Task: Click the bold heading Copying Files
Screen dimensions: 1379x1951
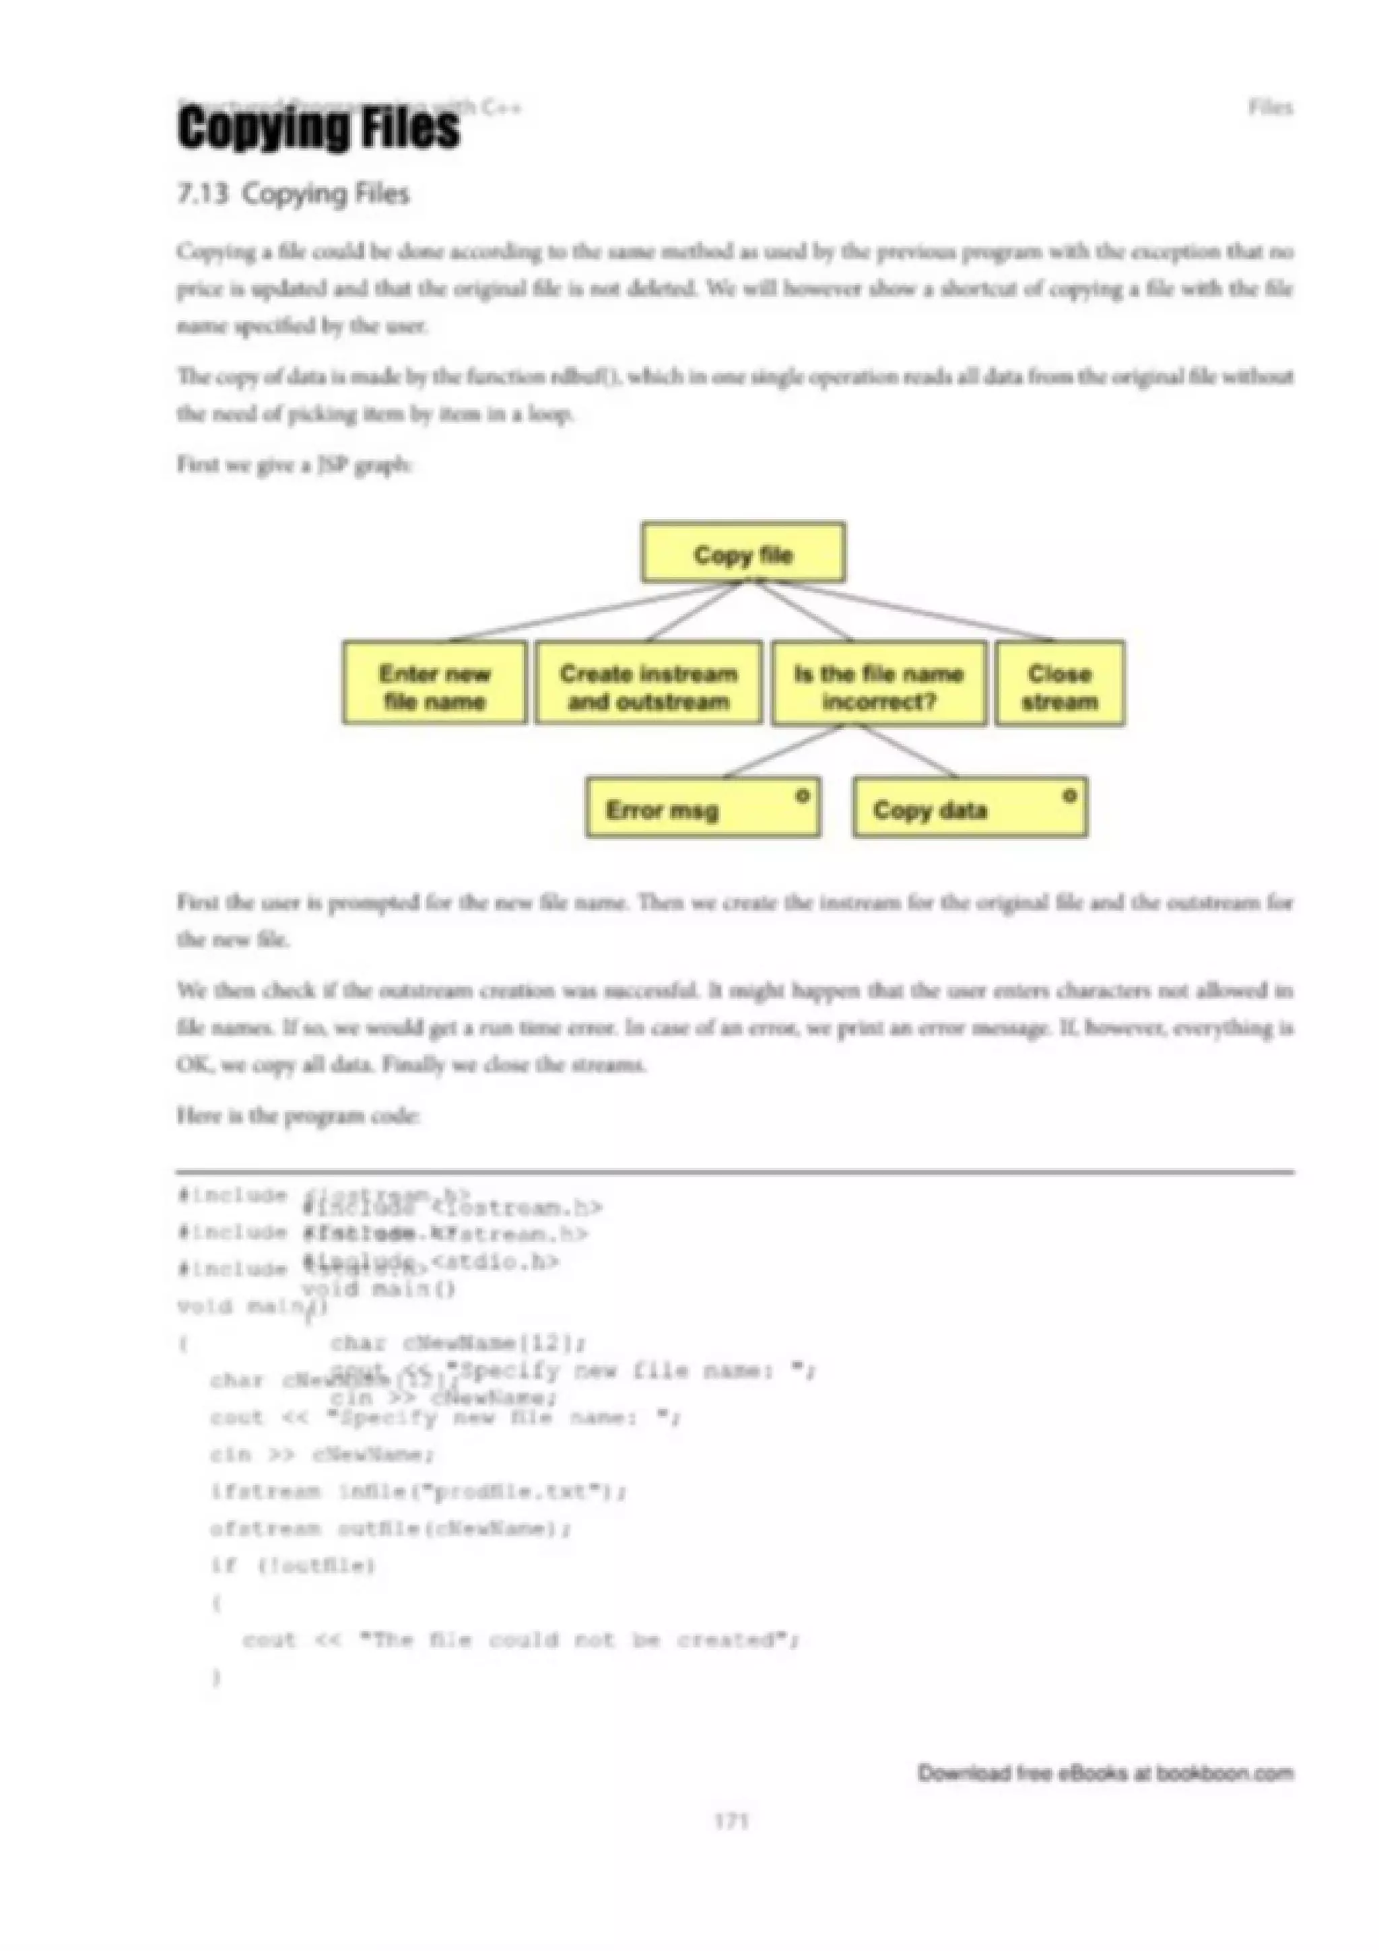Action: click(x=318, y=129)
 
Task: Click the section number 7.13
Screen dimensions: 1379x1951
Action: click(x=202, y=194)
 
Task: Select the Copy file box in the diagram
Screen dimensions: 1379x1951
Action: click(x=743, y=553)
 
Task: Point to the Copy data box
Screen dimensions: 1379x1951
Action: click(x=970, y=807)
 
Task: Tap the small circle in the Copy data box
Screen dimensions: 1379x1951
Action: click(x=1070, y=795)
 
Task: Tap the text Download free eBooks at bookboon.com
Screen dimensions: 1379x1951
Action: click(x=1104, y=1773)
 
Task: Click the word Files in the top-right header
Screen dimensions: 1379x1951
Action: click(x=1270, y=108)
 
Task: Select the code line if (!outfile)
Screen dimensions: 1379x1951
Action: click(x=293, y=1565)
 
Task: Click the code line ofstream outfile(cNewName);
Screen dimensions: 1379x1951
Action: click(x=391, y=1529)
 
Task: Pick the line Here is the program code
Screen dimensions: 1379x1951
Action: click(x=298, y=1115)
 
